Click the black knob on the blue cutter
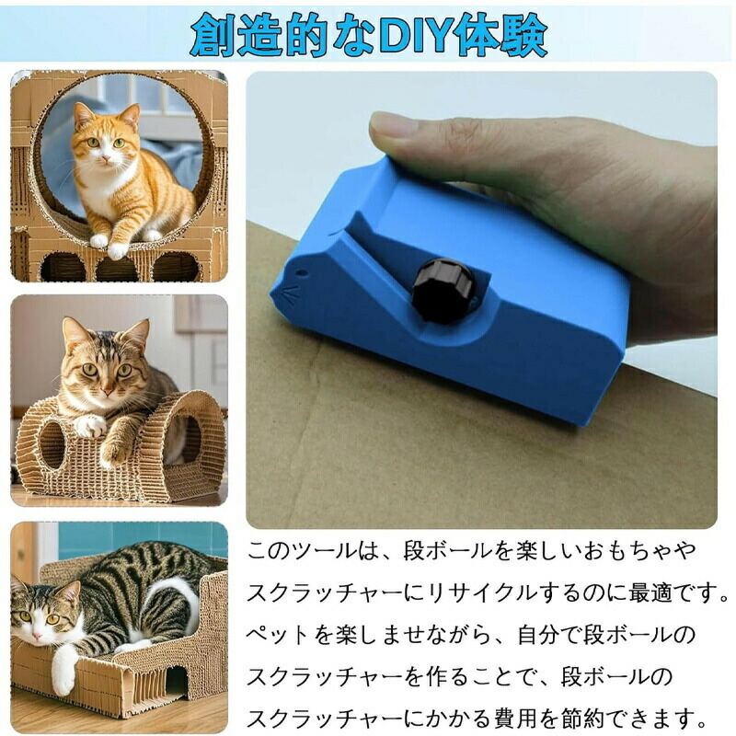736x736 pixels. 443,291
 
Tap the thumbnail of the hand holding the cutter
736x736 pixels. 481,300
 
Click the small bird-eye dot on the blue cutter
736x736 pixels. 301,272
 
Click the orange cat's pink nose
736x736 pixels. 105,159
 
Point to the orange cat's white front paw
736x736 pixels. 117,250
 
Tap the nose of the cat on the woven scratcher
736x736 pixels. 109,388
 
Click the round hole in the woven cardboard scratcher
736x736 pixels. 52,444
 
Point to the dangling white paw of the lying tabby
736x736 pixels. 63,673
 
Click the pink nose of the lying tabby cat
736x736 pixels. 36,636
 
